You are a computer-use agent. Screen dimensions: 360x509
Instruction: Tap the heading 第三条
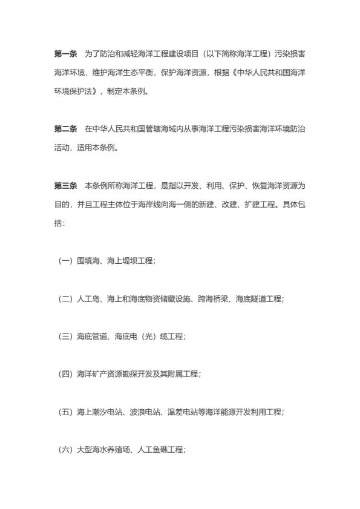pos(65,185)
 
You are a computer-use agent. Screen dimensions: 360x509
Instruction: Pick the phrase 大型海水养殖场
pos(102,450)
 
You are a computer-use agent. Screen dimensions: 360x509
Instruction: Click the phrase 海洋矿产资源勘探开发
pos(113,375)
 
